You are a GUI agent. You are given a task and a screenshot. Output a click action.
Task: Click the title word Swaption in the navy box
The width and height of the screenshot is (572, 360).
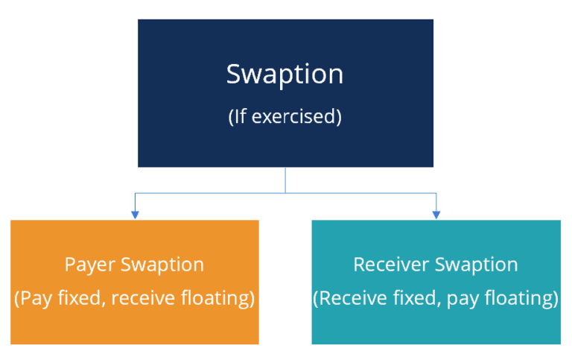pyautogui.click(x=285, y=75)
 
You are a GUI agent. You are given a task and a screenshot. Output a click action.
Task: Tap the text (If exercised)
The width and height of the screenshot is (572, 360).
pyautogui.click(x=285, y=118)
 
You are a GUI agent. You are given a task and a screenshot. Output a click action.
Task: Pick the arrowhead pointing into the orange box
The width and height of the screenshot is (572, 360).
pyautogui.click(x=135, y=215)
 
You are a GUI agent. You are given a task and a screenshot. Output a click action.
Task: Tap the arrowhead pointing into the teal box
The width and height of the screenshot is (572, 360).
pyautogui.click(x=436, y=215)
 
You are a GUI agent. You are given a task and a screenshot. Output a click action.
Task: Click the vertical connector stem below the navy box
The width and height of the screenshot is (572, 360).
pyautogui.click(x=285, y=179)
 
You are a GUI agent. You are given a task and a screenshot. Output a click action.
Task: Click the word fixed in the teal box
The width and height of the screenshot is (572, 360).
pyautogui.click(x=403, y=299)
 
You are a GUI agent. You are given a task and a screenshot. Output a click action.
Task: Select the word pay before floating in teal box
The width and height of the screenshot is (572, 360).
pyautogui.click(x=454, y=299)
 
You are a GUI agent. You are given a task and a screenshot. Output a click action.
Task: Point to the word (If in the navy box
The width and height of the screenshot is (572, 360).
pyautogui.click(x=238, y=118)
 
